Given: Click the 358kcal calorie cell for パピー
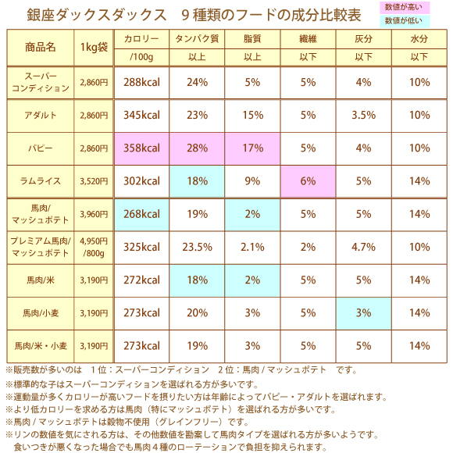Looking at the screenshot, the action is coord(141,148).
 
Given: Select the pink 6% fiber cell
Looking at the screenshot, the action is coord(308,181).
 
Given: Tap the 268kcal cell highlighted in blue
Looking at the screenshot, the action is coord(141,215).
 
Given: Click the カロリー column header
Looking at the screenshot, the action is coord(141,39).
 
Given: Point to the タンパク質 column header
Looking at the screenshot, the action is coord(197,39).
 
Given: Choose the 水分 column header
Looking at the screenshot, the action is coord(419,39).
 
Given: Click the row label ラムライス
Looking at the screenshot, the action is coord(41,181).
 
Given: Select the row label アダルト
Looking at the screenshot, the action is coord(41,116).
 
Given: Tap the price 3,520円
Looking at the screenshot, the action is coord(94,181).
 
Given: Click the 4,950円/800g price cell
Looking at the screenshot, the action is coord(94,248).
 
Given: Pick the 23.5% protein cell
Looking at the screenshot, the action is coord(197,248).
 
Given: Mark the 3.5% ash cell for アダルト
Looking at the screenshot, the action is coord(363,116).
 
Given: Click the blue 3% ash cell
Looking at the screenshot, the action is coord(363,313).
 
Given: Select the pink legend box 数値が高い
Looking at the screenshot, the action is coord(405,7).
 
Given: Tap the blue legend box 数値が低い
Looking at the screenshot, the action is coord(405,21).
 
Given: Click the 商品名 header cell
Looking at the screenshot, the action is coord(41,48).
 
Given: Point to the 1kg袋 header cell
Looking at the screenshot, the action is coord(94,48).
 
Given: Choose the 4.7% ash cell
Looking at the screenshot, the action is coord(363,248).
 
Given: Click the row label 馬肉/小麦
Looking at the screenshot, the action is coord(41,313).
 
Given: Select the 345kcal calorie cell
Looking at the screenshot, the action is coord(141,116).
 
